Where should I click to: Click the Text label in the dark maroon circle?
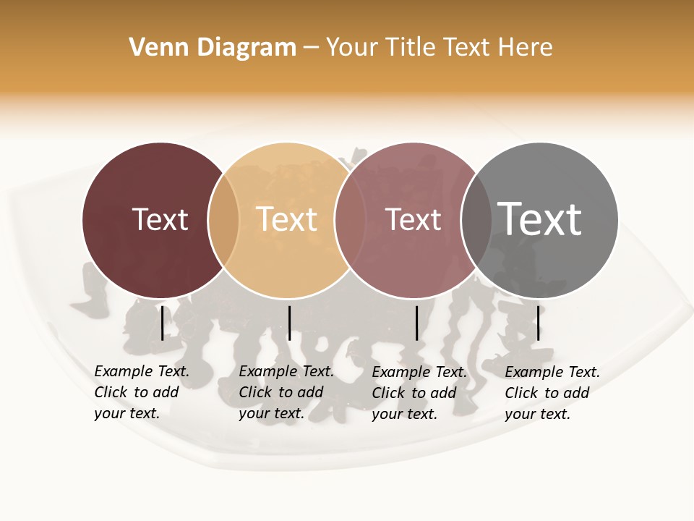pyautogui.click(x=160, y=219)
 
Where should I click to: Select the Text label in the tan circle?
pyautogui.click(x=287, y=219)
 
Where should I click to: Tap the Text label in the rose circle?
pyautogui.click(x=413, y=219)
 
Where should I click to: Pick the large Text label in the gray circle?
pyautogui.click(x=540, y=219)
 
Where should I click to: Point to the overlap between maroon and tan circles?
pyautogui.click(x=223, y=220)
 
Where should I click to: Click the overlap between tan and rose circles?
pyautogui.click(x=350, y=220)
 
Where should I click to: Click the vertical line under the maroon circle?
pyautogui.click(x=162, y=323)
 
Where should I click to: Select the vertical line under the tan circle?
pyautogui.click(x=289, y=323)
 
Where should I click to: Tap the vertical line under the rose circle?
pyautogui.click(x=416, y=323)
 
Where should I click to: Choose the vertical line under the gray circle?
pyautogui.click(x=538, y=323)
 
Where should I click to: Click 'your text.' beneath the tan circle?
pyautogui.click(x=271, y=413)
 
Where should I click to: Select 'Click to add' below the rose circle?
pyautogui.click(x=414, y=393)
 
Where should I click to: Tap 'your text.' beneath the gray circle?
pyautogui.click(x=537, y=414)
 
